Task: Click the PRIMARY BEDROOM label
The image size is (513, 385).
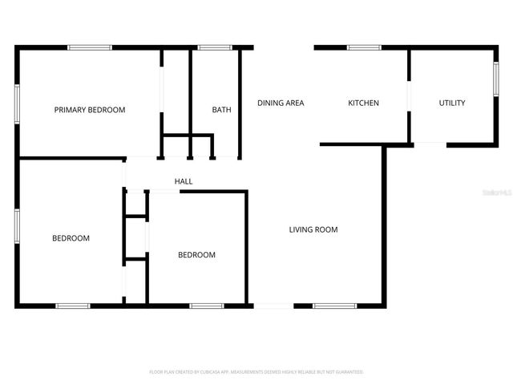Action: click(x=90, y=110)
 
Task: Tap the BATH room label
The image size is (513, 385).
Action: click(x=221, y=110)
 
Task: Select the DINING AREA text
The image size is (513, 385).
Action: click(x=281, y=103)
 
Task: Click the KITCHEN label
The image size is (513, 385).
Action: click(x=363, y=103)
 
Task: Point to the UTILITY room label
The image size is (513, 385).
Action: click(x=452, y=103)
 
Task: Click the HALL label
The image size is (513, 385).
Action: click(x=184, y=181)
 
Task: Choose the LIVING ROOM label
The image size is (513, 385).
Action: click(x=313, y=229)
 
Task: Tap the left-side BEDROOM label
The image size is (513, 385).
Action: click(x=71, y=238)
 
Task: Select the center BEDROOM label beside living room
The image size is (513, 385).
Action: click(x=196, y=255)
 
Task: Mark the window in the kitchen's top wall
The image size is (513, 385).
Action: click(x=364, y=48)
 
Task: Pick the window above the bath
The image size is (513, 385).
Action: click(x=215, y=48)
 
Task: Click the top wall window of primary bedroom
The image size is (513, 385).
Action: click(x=90, y=48)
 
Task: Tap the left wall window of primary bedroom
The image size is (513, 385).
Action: click(x=17, y=104)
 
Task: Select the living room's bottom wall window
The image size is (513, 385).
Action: click(x=334, y=306)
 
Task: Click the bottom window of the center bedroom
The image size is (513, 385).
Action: click(x=207, y=306)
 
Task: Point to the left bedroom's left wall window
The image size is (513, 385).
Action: click(x=17, y=225)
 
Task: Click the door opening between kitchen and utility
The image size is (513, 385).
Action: click(x=409, y=94)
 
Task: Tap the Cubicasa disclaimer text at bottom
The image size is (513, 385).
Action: click(x=256, y=372)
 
